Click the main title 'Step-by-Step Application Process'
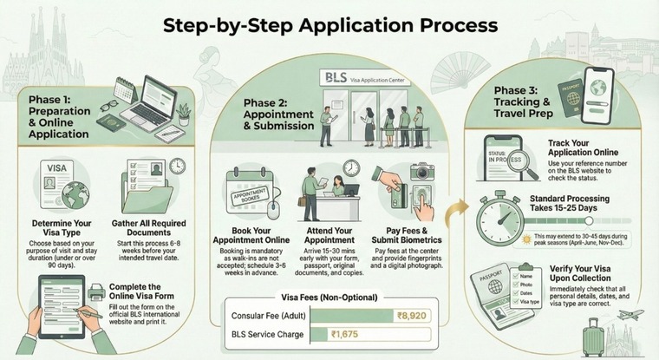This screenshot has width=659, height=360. (330, 25)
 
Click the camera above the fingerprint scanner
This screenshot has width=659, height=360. (422, 172)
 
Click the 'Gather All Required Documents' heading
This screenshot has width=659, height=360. (152, 230)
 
